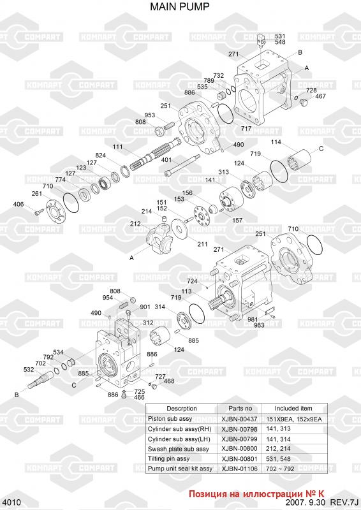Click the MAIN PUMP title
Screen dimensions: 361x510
[180, 6]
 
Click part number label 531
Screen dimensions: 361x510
[280, 36]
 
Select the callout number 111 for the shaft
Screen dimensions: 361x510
[117, 147]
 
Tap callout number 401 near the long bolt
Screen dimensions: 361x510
[166, 160]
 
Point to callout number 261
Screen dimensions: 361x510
[37, 194]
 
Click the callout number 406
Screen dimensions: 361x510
[18, 204]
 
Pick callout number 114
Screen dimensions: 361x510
[276, 142]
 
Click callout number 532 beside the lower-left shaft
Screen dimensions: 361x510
[29, 370]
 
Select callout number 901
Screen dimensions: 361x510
[145, 307]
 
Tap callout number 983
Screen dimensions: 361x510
[259, 325]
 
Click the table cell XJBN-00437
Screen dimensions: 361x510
[239, 419]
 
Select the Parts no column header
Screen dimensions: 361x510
[240, 409]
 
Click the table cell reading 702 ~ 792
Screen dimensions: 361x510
[280, 469]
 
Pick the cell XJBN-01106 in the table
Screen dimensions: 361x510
[239, 469]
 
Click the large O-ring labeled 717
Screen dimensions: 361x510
[225, 114]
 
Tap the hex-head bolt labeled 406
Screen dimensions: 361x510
[38, 212]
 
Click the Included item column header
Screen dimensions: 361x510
[293, 409]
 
